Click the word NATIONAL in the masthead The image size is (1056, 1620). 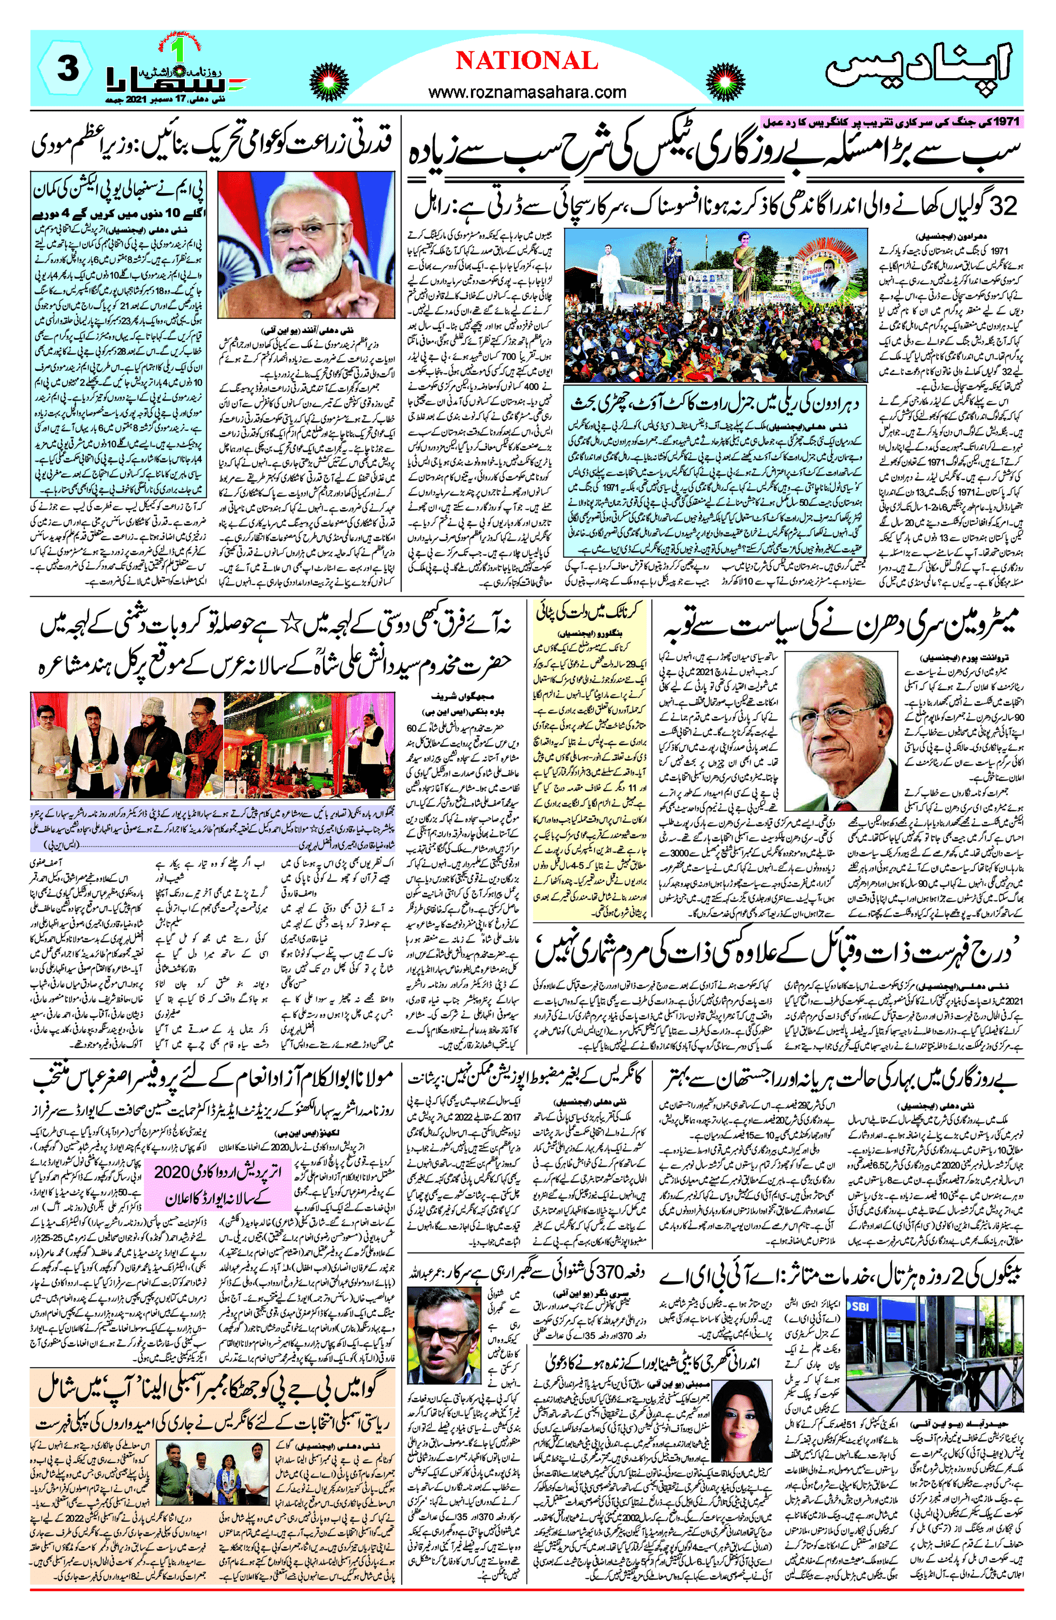tap(526, 61)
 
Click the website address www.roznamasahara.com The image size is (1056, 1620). tap(527, 92)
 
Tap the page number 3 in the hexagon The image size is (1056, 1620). tap(68, 70)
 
